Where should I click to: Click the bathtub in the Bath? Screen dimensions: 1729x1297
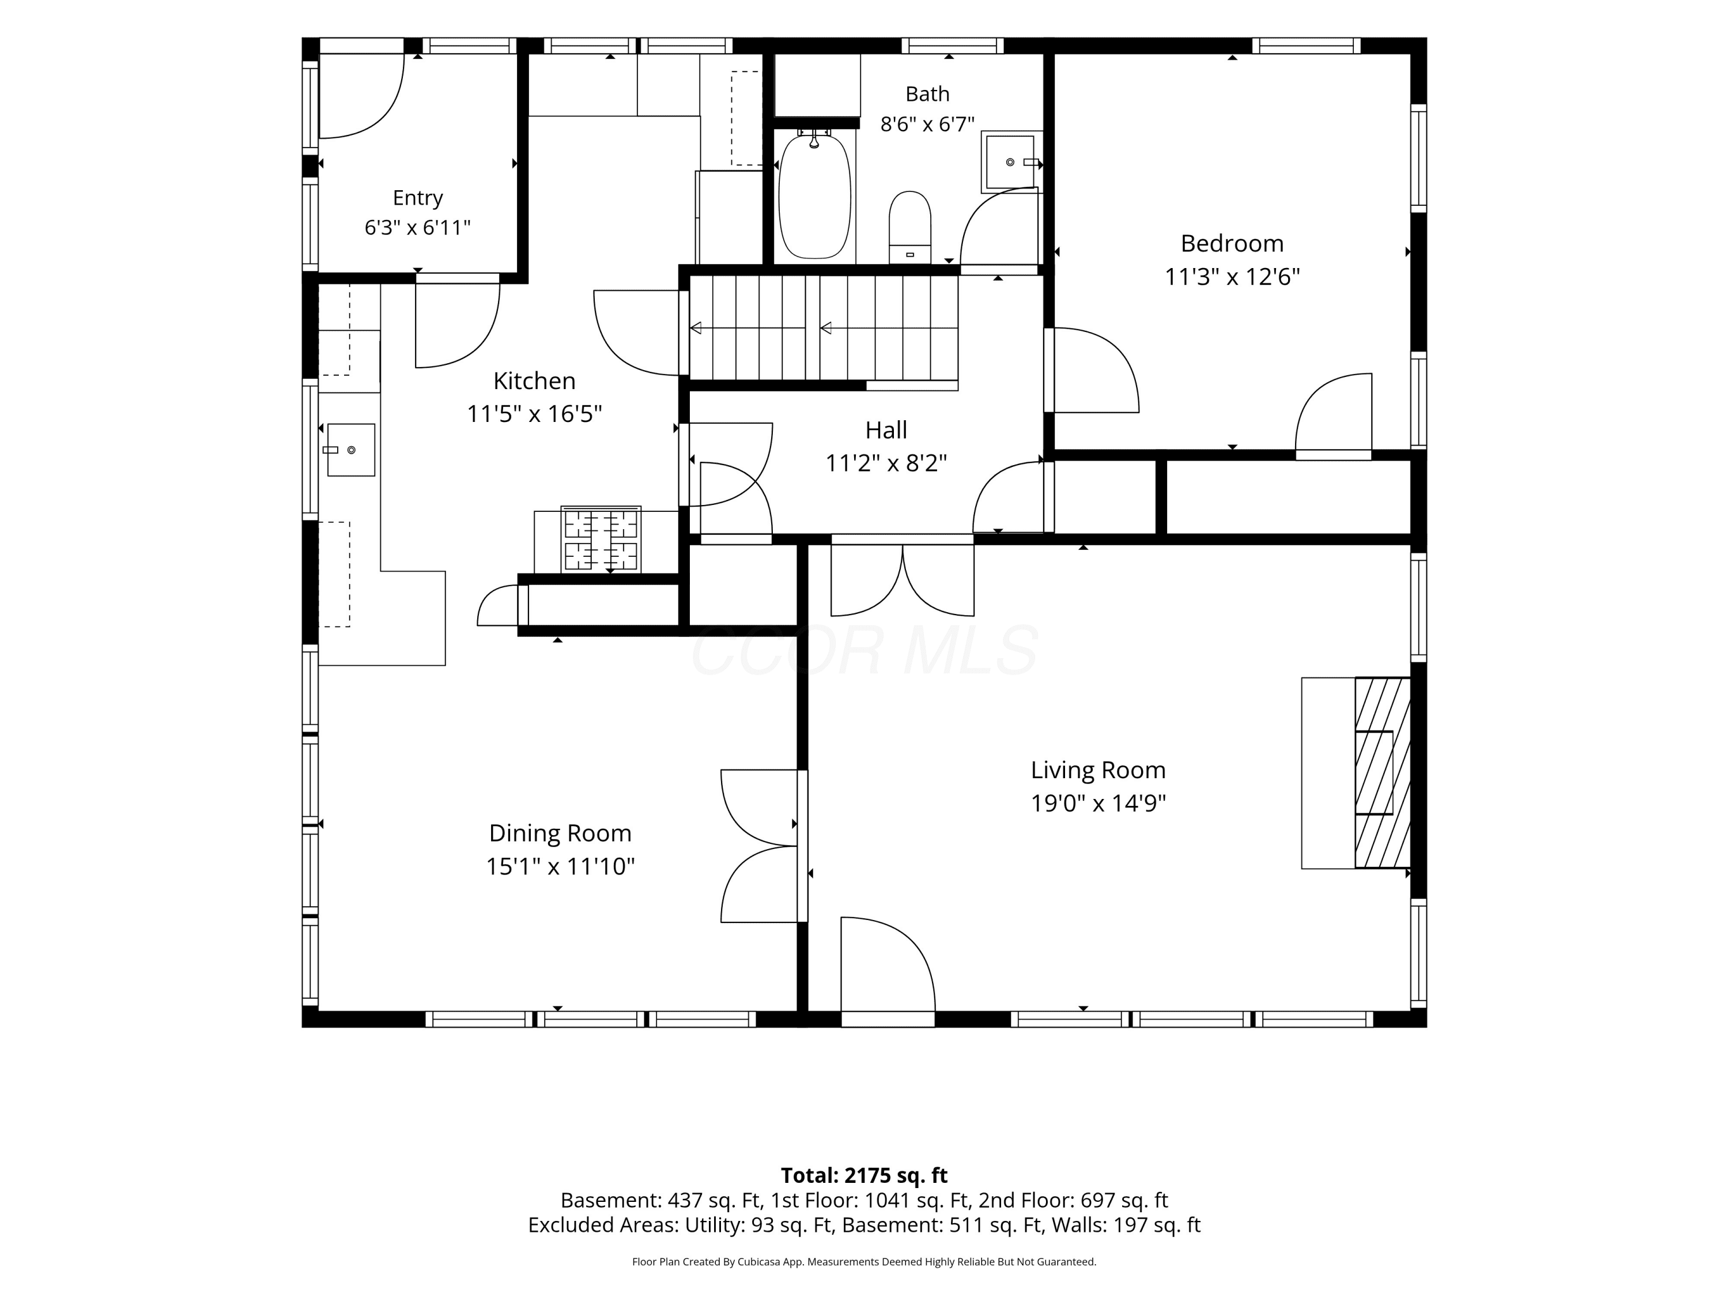[x=814, y=195]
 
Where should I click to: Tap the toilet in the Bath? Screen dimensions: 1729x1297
[x=910, y=227]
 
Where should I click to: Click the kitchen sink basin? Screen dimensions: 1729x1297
[x=351, y=450]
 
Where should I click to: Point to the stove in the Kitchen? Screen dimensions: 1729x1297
[x=601, y=540]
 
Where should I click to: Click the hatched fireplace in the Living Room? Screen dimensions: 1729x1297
[x=1382, y=772]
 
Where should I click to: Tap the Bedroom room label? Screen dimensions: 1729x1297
[x=1232, y=243]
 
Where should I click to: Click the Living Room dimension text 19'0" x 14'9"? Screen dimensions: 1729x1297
[x=1098, y=803]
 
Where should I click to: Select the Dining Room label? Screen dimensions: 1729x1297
[x=560, y=834]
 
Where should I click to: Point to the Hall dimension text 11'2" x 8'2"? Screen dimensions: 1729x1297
[x=886, y=463]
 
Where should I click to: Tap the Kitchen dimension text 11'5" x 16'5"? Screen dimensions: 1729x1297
[x=535, y=413]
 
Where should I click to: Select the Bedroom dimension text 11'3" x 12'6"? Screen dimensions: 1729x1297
[x=1232, y=277]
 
